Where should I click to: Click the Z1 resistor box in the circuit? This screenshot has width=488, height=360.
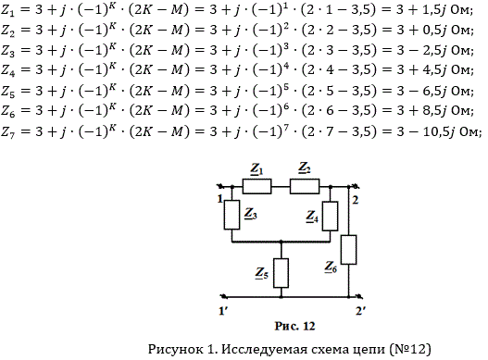257,186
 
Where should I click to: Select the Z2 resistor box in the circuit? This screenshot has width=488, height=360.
305,186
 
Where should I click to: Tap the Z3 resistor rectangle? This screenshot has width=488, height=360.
231,215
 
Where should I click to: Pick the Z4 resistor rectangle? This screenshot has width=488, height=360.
330,216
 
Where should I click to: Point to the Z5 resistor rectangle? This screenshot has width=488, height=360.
281,273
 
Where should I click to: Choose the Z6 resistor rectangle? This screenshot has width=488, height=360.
348,250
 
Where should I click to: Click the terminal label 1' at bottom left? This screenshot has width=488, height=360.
222,311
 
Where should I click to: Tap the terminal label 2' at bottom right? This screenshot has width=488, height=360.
361,311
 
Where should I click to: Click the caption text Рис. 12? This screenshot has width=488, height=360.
294,326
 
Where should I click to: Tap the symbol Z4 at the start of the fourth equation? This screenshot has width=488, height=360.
7,70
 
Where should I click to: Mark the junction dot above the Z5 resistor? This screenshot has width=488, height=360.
281,242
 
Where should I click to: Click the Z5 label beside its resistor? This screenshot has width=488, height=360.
262,274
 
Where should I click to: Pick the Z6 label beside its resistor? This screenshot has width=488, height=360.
331,267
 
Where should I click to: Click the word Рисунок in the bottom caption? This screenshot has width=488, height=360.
175,349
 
